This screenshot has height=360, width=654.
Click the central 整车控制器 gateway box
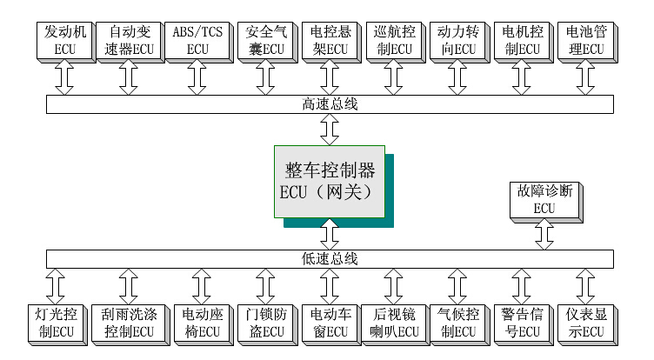[x=330, y=181]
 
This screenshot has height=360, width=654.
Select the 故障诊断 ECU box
[x=544, y=198]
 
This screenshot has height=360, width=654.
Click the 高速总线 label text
[x=330, y=104]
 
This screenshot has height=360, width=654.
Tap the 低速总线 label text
[x=330, y=259]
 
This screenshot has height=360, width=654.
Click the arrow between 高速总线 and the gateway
[x=330, y=129]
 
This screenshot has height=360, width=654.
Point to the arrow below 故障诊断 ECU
[x=544, y=233]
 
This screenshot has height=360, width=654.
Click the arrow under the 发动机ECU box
[x=64, y=78]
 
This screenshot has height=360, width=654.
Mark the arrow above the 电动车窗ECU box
[x=330, y=284]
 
